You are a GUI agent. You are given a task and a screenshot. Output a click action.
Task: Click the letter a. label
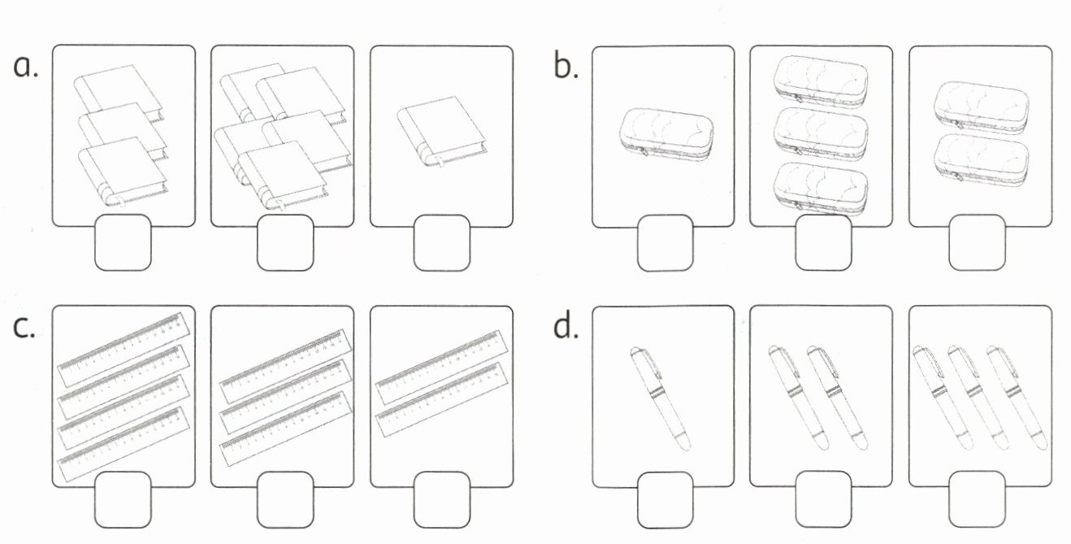(x=26, y=67)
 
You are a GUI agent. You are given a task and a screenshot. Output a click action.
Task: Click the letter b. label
(x=566, y=67)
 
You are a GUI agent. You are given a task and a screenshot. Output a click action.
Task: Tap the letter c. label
(x=25, y=325)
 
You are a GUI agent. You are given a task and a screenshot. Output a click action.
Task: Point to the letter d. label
(x=566, y=325)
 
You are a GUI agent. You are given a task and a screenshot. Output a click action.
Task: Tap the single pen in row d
(x=661, y=398)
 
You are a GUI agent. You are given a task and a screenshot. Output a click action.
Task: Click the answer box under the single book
(x=441, y=242)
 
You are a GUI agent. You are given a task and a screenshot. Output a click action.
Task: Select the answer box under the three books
(x=123, y=242)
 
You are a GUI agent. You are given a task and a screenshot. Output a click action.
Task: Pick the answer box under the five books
(x=285, y=242)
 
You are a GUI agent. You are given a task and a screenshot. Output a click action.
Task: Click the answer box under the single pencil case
(x=666, y=242)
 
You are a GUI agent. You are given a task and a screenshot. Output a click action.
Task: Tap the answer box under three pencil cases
(x=823, y=242)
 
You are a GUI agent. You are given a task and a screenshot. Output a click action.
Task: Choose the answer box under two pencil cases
(x=978, y=242)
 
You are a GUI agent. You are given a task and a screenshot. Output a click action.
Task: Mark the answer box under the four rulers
(x=123, y=500)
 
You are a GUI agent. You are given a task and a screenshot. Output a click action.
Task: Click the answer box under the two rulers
(x=441, y=500)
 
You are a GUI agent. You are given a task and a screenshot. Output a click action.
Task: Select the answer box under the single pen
(x=666, y=500)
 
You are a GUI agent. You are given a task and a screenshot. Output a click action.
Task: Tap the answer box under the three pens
(x=978, y=500)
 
